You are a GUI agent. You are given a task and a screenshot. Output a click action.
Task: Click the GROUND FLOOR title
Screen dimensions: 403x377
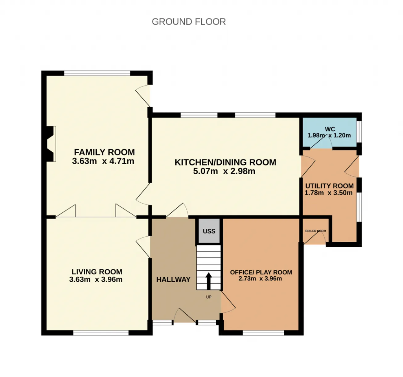point(189,22)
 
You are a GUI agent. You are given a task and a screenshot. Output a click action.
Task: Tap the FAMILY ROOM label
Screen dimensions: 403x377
point(104,152)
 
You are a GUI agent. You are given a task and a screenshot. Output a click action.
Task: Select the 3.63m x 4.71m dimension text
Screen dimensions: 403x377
point(103,161)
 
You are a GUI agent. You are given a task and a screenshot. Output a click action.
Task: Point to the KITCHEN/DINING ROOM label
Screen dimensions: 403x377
point(225,162)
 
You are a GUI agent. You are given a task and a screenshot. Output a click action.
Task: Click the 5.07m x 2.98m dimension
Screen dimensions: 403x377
point(224,171)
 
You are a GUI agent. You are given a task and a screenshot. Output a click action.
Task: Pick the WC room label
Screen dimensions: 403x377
point(330,129)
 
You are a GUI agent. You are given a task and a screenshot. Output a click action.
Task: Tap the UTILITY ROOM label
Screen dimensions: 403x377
point(329,186)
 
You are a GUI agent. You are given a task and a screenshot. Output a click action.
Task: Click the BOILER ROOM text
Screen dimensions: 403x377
point(315,231)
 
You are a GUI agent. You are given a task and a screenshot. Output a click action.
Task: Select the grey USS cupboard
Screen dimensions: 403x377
point(209,231)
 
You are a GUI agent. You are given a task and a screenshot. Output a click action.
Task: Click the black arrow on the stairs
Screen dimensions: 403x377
point(209,281)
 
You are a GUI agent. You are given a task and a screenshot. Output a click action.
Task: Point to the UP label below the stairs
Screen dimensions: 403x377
point(209,297)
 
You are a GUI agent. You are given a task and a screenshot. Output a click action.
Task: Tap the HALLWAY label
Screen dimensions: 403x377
point(173,280)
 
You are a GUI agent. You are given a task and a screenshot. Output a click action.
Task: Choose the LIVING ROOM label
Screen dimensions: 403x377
point(97,272)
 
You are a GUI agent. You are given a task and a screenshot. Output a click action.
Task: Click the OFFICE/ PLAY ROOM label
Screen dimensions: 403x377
point(261,272)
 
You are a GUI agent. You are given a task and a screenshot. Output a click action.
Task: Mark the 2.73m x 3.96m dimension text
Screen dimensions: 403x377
point(260,279)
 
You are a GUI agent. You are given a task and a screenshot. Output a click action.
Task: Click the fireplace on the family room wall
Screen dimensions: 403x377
point(51,144)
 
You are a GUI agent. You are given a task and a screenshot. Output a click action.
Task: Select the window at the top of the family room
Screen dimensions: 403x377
point(97,73)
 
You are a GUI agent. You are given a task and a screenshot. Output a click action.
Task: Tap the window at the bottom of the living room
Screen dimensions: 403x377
point(101,333)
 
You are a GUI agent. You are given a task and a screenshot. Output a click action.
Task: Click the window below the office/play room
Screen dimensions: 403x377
point(264,333)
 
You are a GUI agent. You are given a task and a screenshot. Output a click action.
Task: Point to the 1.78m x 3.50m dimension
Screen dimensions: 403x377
point(328,193)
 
